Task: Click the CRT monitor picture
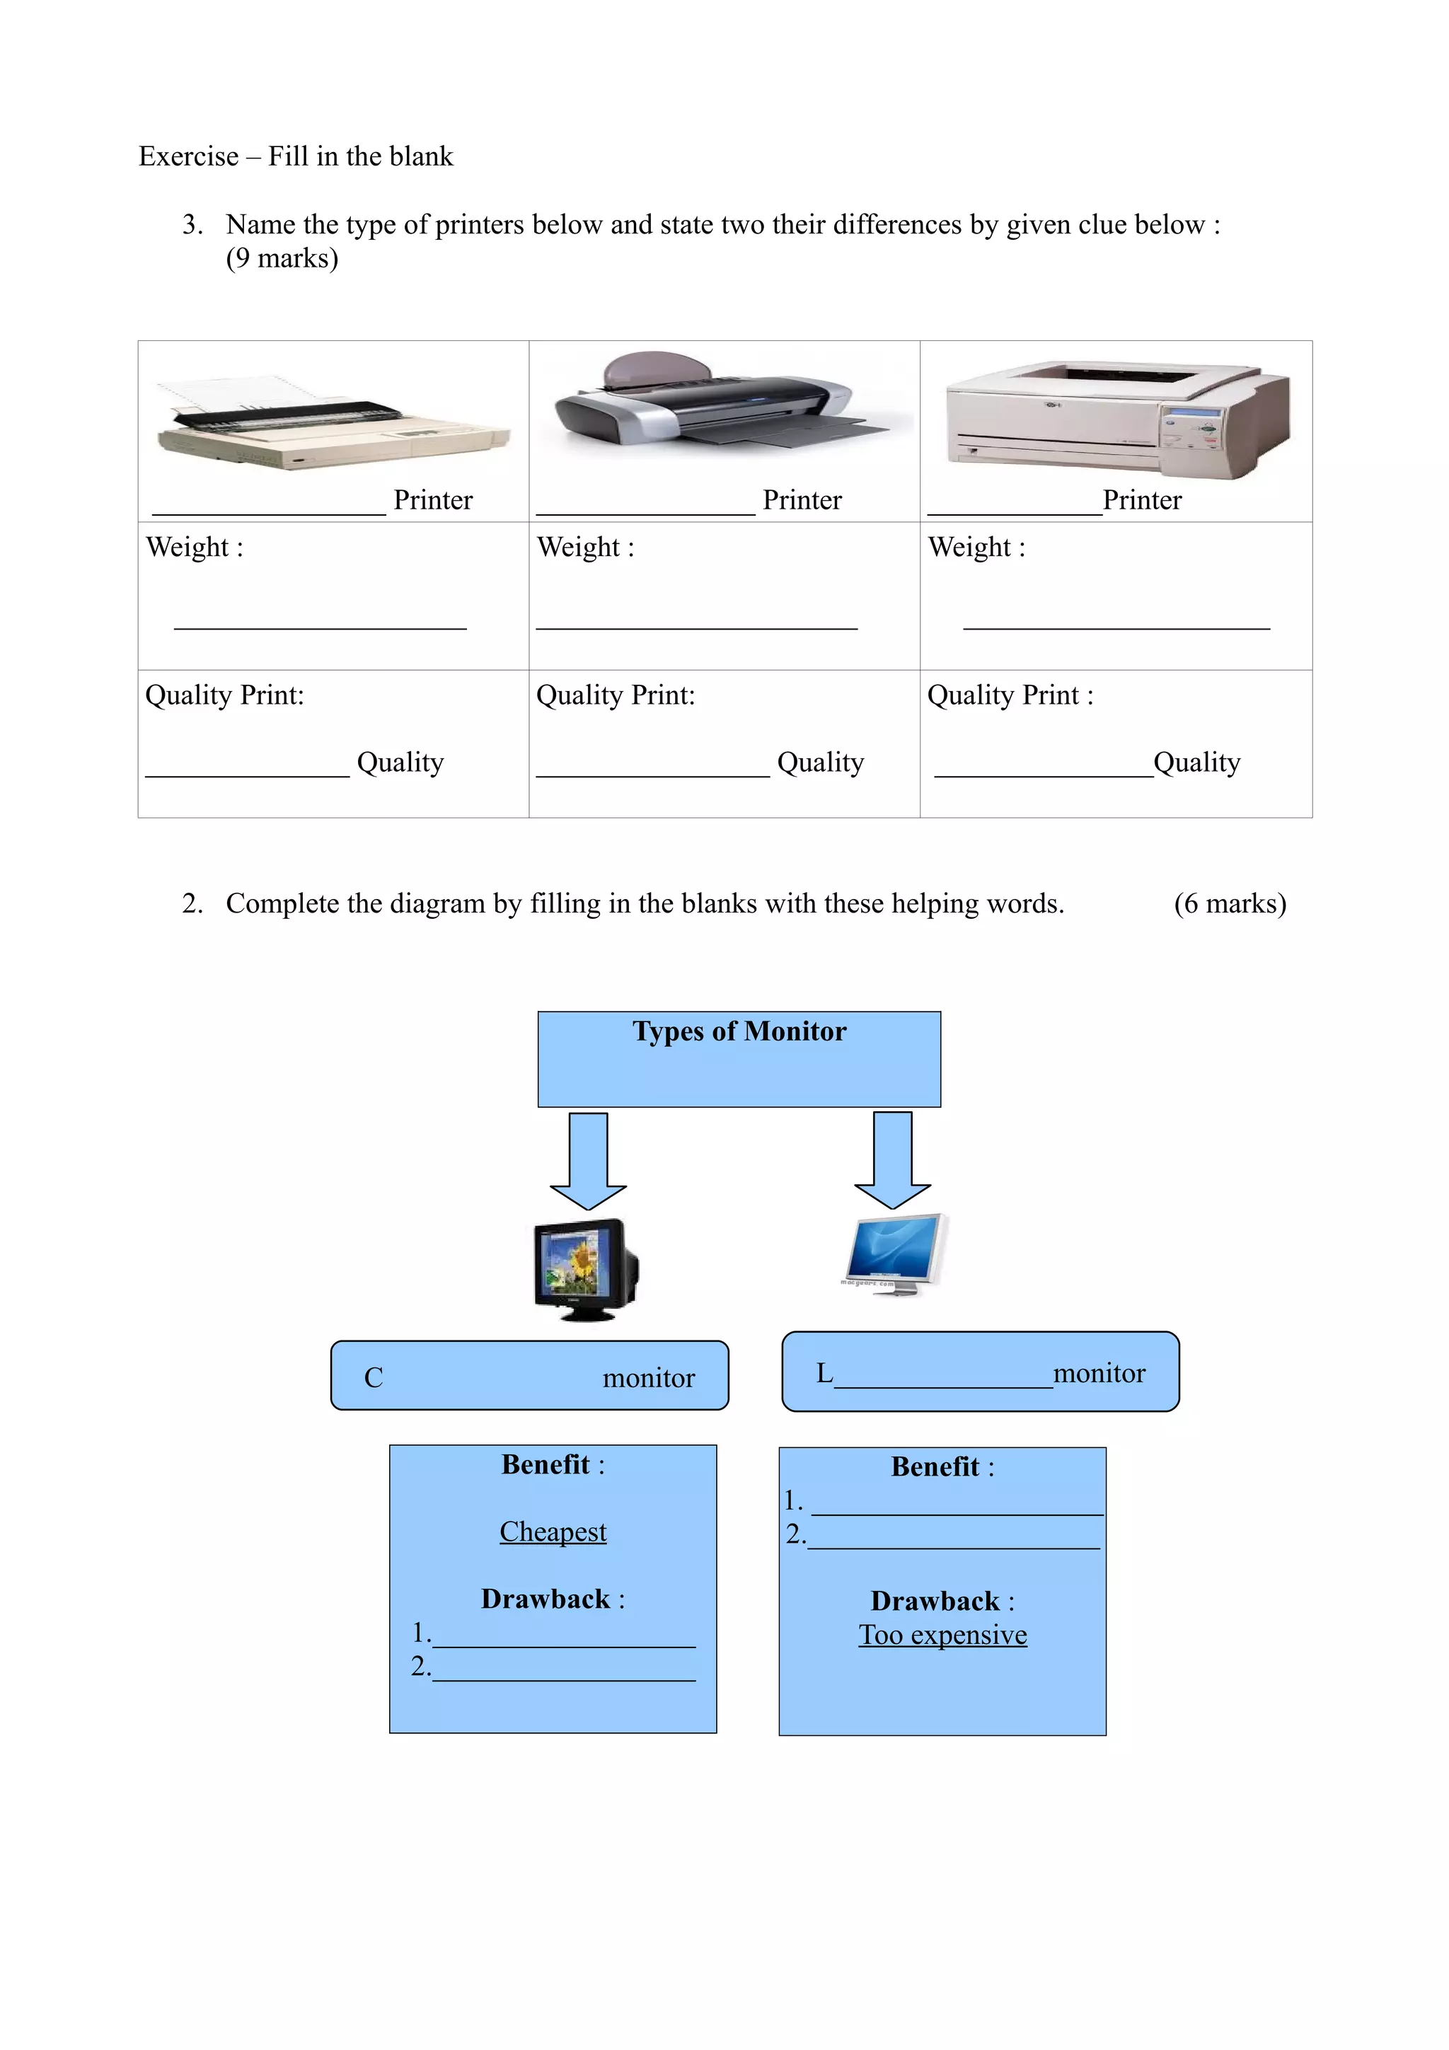[587, 1269]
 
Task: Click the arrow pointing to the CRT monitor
[589, 1160]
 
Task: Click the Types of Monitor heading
[739, 1032]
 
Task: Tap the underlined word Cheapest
[553, 1531]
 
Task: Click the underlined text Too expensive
[943, 1634]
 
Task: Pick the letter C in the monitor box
[373, 1378]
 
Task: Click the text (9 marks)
[282, 259]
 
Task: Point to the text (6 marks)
[1230, 903]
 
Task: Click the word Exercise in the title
[188, 156]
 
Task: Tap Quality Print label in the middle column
[615, 695]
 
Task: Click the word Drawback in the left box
[545, 1598]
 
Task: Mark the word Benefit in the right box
[935, 1466]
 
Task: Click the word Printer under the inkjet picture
[802, 500]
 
